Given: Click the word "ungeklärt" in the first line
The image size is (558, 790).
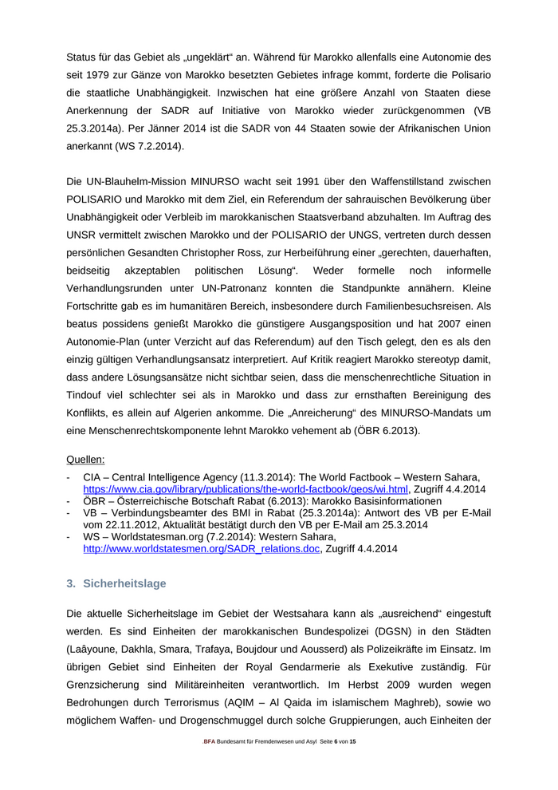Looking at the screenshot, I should pyautogui.click(x=235, y=57).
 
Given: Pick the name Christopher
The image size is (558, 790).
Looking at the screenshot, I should pyautogui.click(x=218, y=252).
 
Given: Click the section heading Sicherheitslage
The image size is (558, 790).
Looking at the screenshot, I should pyautogui.click(x=124, y=583).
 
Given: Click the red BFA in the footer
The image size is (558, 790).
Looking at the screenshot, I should pyautogui.click(x=210, y=742).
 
